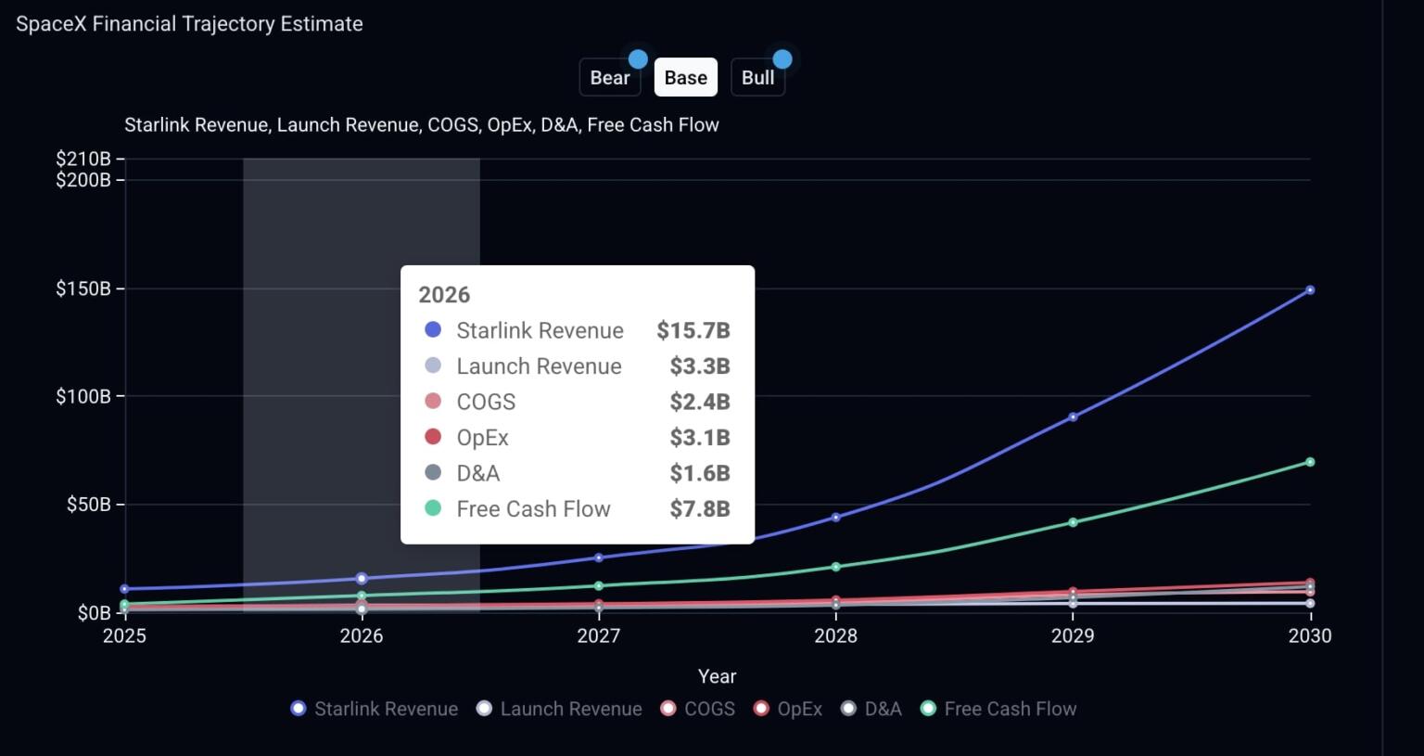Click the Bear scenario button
coord(609,78)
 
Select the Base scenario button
coord(685,78)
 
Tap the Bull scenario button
coord(757,78)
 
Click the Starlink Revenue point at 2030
coord(1310,290)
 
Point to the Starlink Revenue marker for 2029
coord(1073,417)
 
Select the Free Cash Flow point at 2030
coord(1310,462)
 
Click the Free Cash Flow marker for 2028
coord(835,567)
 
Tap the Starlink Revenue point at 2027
coord(599,557)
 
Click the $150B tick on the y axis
coord(83,288)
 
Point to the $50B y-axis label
coord(88,505)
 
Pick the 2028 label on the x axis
coord(835,636)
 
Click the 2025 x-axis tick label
coord(124,636)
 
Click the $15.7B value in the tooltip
coord(693,330)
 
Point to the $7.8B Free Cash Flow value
coord(699,508)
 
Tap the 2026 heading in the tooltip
coord(444,295)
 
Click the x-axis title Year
coord(717,676)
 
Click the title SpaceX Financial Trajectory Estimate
coord(189,24)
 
